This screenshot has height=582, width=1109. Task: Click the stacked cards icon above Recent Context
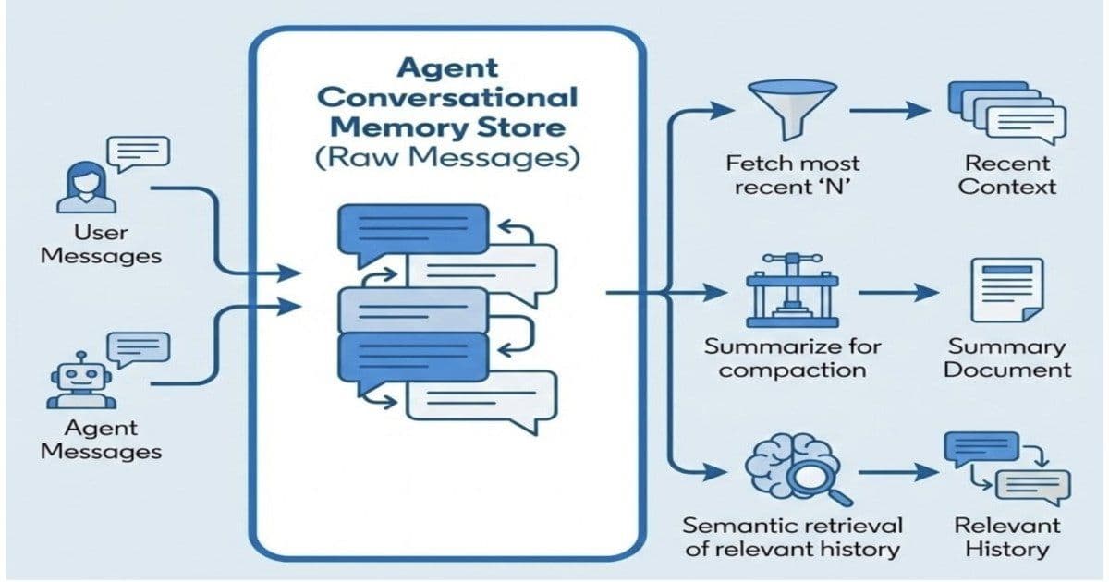(1006, 112)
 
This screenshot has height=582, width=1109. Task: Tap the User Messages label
(102, 244)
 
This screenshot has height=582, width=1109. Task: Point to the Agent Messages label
(102, 440)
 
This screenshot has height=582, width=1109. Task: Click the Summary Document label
(1007, 358)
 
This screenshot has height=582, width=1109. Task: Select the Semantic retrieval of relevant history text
(791, 538)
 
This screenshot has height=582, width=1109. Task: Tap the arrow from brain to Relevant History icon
(889, 472)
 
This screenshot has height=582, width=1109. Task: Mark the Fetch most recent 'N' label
(792, 175)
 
